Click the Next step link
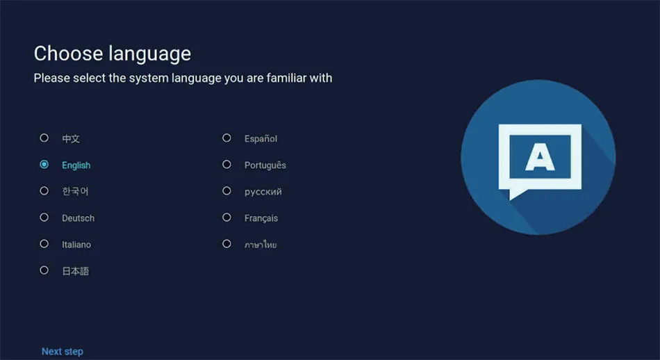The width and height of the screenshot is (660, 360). tap(63, 352)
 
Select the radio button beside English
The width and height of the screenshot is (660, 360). tap(44, 165)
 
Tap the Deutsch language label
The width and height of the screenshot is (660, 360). tap(79, 218)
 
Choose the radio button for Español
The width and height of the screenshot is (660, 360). tap(227, 138)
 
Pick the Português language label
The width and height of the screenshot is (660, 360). tap(265, 165)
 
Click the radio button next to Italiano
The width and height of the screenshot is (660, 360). tap(44, 244)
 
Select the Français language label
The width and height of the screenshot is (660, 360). tap(261, 218)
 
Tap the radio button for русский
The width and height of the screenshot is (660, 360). tap(227, 190)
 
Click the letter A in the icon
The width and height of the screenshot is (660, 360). tap(540, 156)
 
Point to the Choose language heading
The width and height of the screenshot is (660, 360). tap(113, 54)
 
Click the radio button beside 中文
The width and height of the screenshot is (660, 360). tap(44, 138)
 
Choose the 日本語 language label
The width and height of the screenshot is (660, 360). tap(76, 271)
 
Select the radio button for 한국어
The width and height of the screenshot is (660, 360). tap(44, 190)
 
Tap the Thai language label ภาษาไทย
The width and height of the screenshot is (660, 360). tap(261, 245)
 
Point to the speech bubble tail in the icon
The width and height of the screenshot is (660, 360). tap(516, 194)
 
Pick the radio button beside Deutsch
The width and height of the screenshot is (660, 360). tap(44, 218)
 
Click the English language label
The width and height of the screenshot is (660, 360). tap(76, 165)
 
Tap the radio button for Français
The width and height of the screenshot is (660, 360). tap(227, 218)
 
